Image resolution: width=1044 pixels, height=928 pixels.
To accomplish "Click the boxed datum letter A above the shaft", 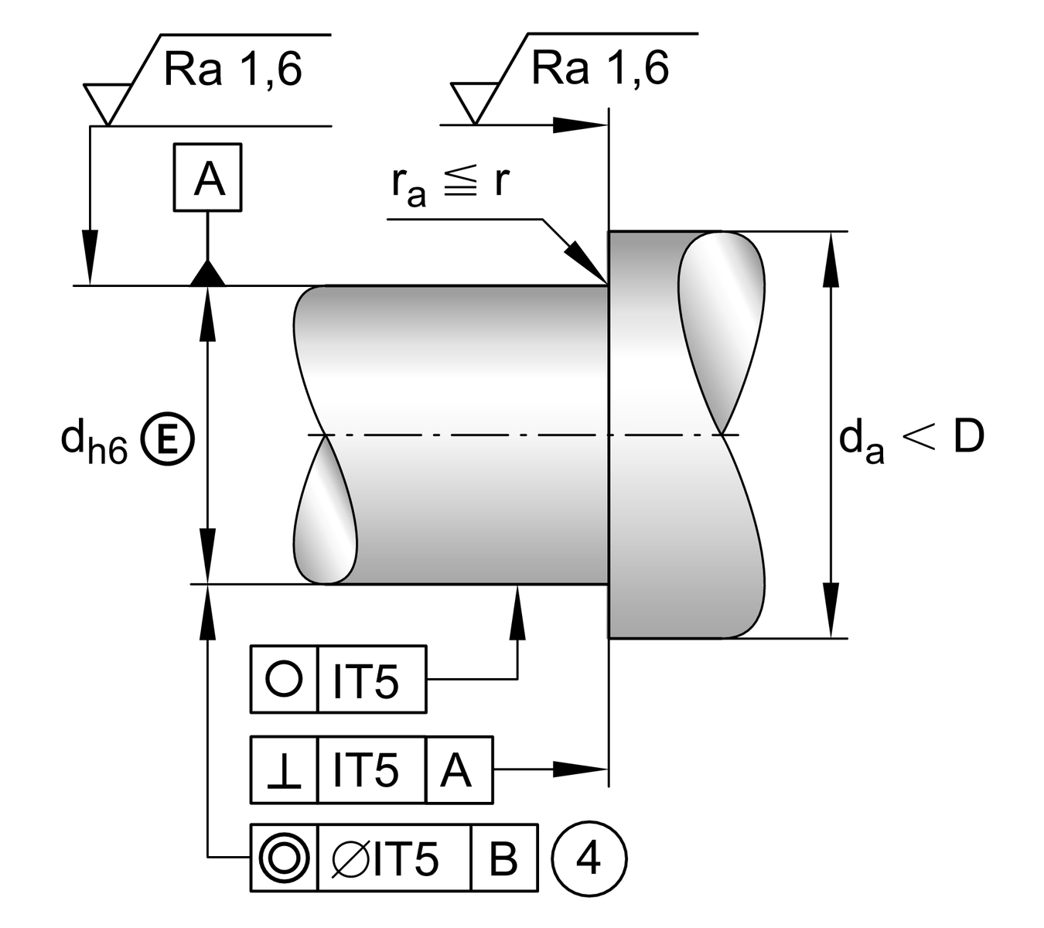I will [x=207, y=178].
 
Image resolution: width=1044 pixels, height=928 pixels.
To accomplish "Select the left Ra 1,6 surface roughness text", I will [x=233, y=70].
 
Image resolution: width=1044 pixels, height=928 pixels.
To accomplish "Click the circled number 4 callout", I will [x=589, y=858].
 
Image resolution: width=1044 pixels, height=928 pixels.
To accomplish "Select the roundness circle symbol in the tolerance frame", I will [x=284, y=679].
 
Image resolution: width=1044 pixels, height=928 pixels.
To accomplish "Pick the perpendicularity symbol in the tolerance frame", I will [x=284, y=770].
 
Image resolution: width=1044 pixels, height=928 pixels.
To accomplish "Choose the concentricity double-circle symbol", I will [x=284, y=858].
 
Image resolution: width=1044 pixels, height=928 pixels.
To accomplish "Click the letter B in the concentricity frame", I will [x=503, y=858].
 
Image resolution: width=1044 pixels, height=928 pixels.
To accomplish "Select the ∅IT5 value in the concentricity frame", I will [x=394, y=858].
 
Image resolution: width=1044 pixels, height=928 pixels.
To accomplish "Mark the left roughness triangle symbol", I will [x=104, y=101].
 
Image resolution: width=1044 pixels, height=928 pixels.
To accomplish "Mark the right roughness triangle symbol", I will [x=471, y=101].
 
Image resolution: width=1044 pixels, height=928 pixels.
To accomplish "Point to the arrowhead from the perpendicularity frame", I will [x=580, y=769].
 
